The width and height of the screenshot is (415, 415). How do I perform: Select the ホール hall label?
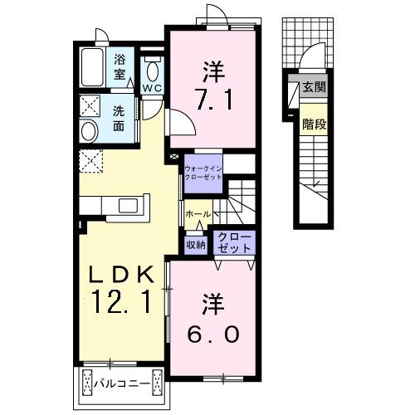[x=197, y=214]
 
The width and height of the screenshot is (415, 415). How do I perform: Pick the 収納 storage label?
[x=196, y=244]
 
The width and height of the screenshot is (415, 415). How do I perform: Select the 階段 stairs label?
[x=313, y=124]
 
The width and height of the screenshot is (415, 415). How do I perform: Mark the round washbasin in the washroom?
[x=89, y=131]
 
